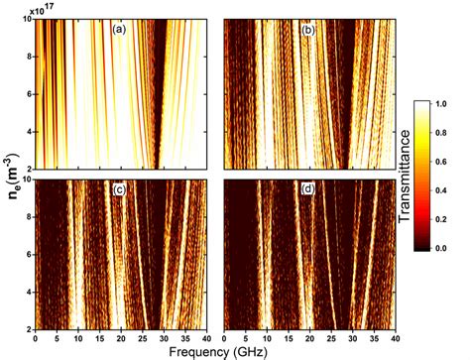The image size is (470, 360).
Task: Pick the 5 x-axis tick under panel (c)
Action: click(57, 336)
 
